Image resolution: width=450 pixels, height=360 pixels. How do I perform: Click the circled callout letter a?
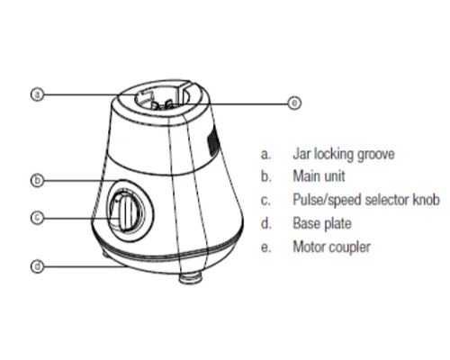coord(37,94)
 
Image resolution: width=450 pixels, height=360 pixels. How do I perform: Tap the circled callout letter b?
coord(37,180)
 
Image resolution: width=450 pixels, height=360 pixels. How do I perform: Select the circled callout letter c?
coord(37,217)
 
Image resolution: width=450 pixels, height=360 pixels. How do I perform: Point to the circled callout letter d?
coord(37,266)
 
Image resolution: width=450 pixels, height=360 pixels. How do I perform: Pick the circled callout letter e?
coord(294,103)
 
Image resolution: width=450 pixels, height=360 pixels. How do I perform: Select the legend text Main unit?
coord(319,176)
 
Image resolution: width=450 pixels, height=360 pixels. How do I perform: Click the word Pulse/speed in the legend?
coord(328,200)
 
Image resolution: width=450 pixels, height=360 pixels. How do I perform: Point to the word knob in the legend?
coord(427,200)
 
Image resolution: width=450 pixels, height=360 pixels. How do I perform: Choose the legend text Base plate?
coord(322,224)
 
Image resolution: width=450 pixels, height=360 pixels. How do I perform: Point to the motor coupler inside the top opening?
coord(163,105)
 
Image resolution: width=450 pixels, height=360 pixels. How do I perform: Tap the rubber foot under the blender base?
coord(190,278)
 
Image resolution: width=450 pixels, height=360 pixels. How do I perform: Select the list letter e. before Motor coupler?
coord(265,247)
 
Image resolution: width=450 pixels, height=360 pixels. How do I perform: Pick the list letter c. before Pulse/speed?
coord(265,201)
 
